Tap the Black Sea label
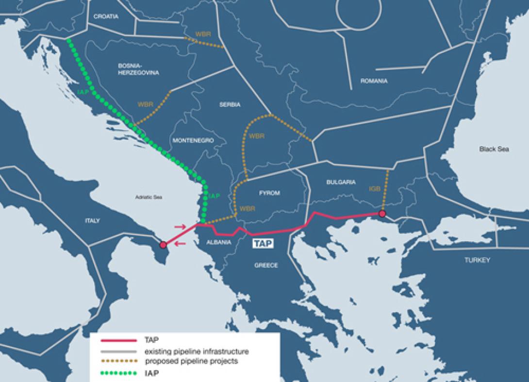point(494,149)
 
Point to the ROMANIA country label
point(374,81)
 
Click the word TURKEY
point(477,260)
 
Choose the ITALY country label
point(92,220)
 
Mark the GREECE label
point(266,266)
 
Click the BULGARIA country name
point(341,182)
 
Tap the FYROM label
point(269,193)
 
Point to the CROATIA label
point(106,16)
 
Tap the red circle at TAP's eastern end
point(382,214)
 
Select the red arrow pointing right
point(180,227)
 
